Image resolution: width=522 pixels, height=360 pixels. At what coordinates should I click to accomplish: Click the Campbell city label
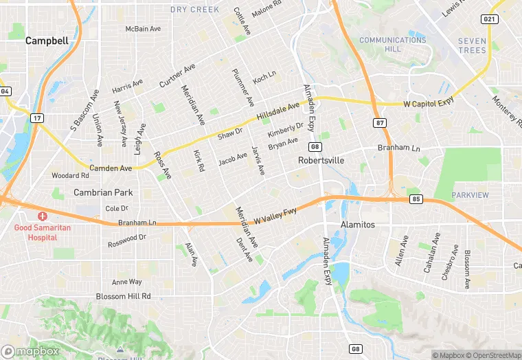pyautogui.click(x=47, y=41)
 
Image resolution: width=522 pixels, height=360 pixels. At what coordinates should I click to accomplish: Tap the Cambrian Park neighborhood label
pyautogui.click(x=103, y=193)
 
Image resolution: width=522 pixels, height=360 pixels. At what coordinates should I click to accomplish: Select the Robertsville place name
pyautogui.click(x=321, y=160)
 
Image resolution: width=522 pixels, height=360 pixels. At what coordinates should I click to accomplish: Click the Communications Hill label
pyautogui.click(x=392, y=45)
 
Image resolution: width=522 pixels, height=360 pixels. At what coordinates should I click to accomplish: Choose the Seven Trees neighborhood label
pyautogui.click(x=472, y=45)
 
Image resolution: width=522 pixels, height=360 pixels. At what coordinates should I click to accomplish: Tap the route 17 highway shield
pyautogui.click(x=36, y=118)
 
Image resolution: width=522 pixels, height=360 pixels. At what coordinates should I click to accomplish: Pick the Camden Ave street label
pyautogui.click(x=111, y=168)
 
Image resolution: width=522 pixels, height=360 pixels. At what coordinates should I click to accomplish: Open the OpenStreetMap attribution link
pyautogui.click(x=493, y=355)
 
